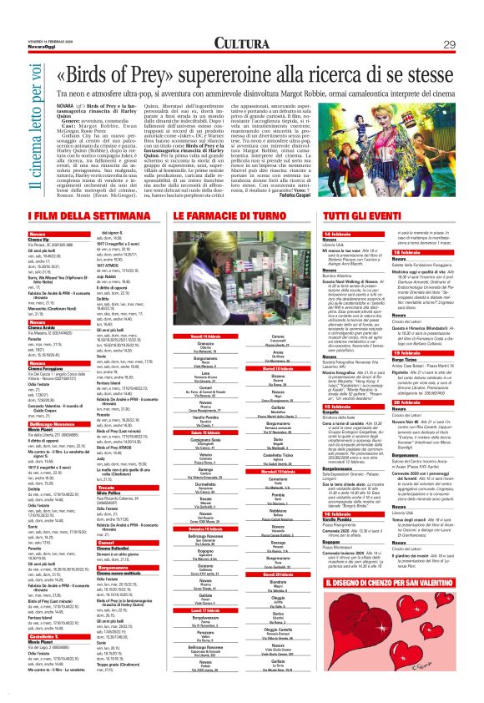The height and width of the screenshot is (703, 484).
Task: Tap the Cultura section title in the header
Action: tap(242, 43)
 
